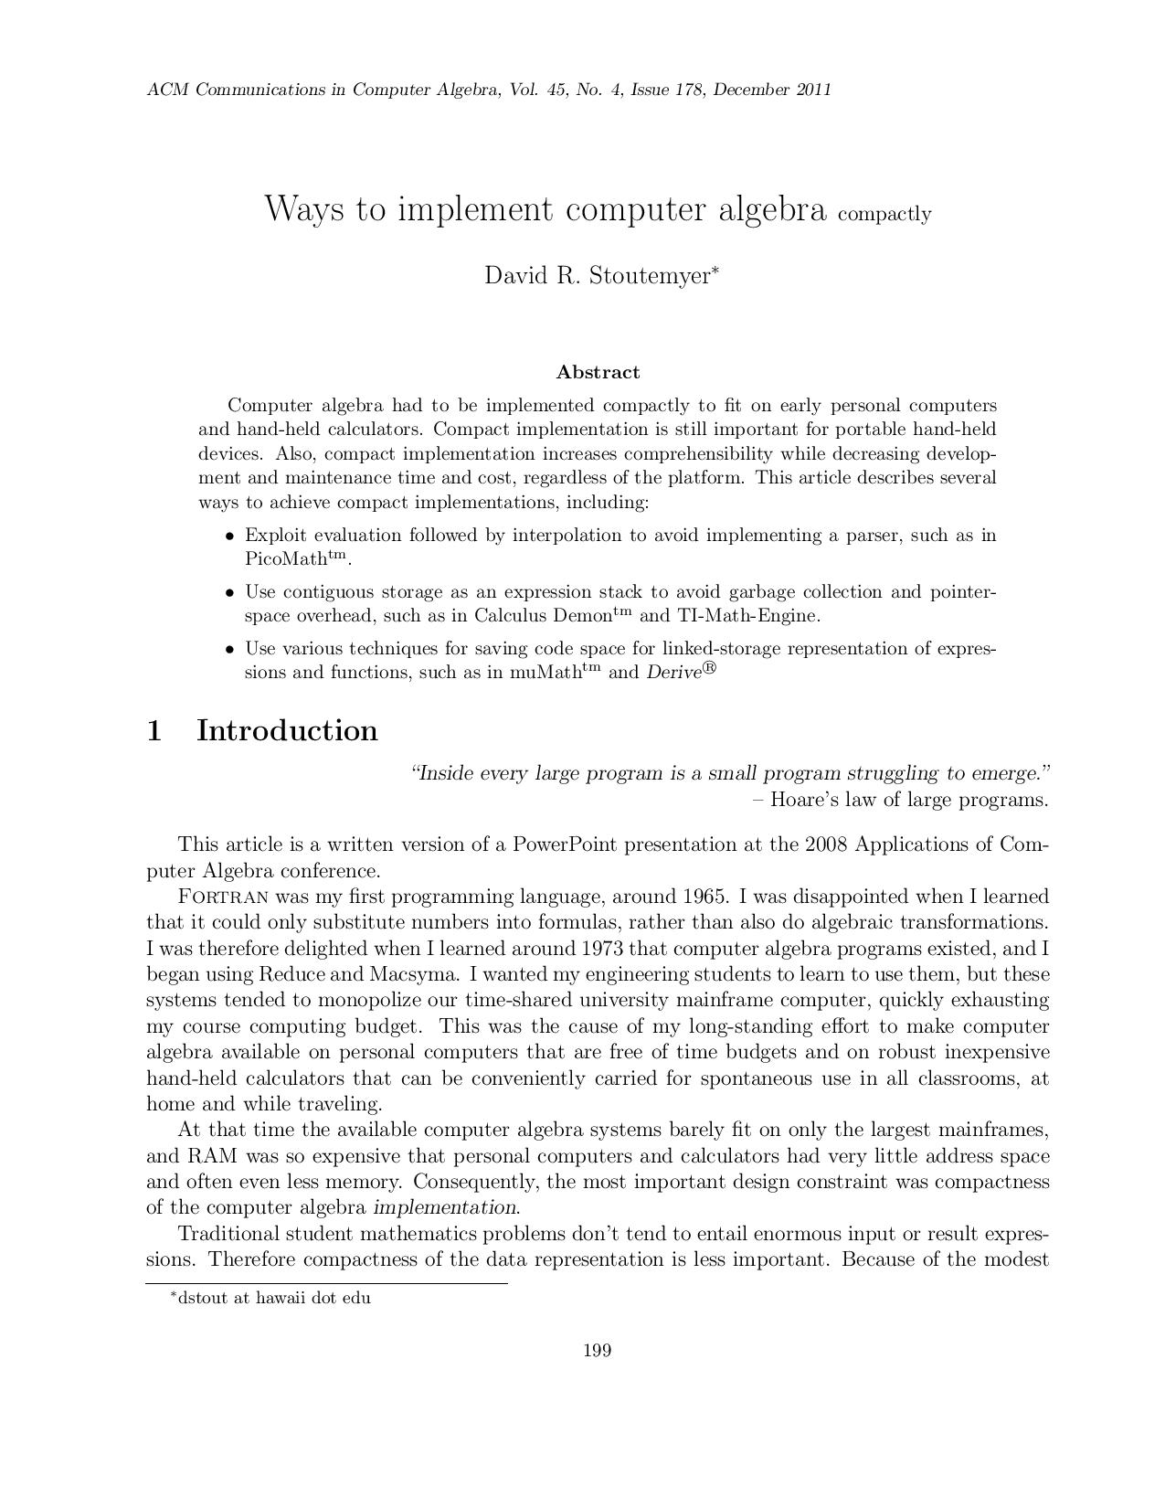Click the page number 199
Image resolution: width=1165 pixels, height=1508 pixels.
[597, 1350]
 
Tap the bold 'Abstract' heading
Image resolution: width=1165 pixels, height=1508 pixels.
[598, 372]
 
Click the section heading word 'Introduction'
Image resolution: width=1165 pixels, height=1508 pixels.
[287, 730]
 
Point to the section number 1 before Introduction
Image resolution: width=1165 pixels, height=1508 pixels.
[155, 730]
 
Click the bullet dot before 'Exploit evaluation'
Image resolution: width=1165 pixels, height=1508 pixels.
[230, 536]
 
